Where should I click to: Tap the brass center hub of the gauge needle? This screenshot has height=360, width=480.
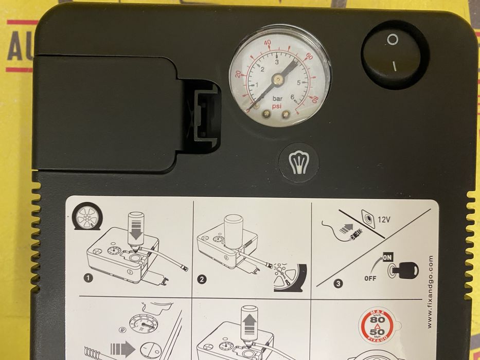[278, 79]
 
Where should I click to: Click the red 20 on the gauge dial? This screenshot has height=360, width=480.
[238, 74]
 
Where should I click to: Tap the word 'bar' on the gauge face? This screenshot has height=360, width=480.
[277, 97]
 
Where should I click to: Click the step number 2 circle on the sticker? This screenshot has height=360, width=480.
[202, 280]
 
